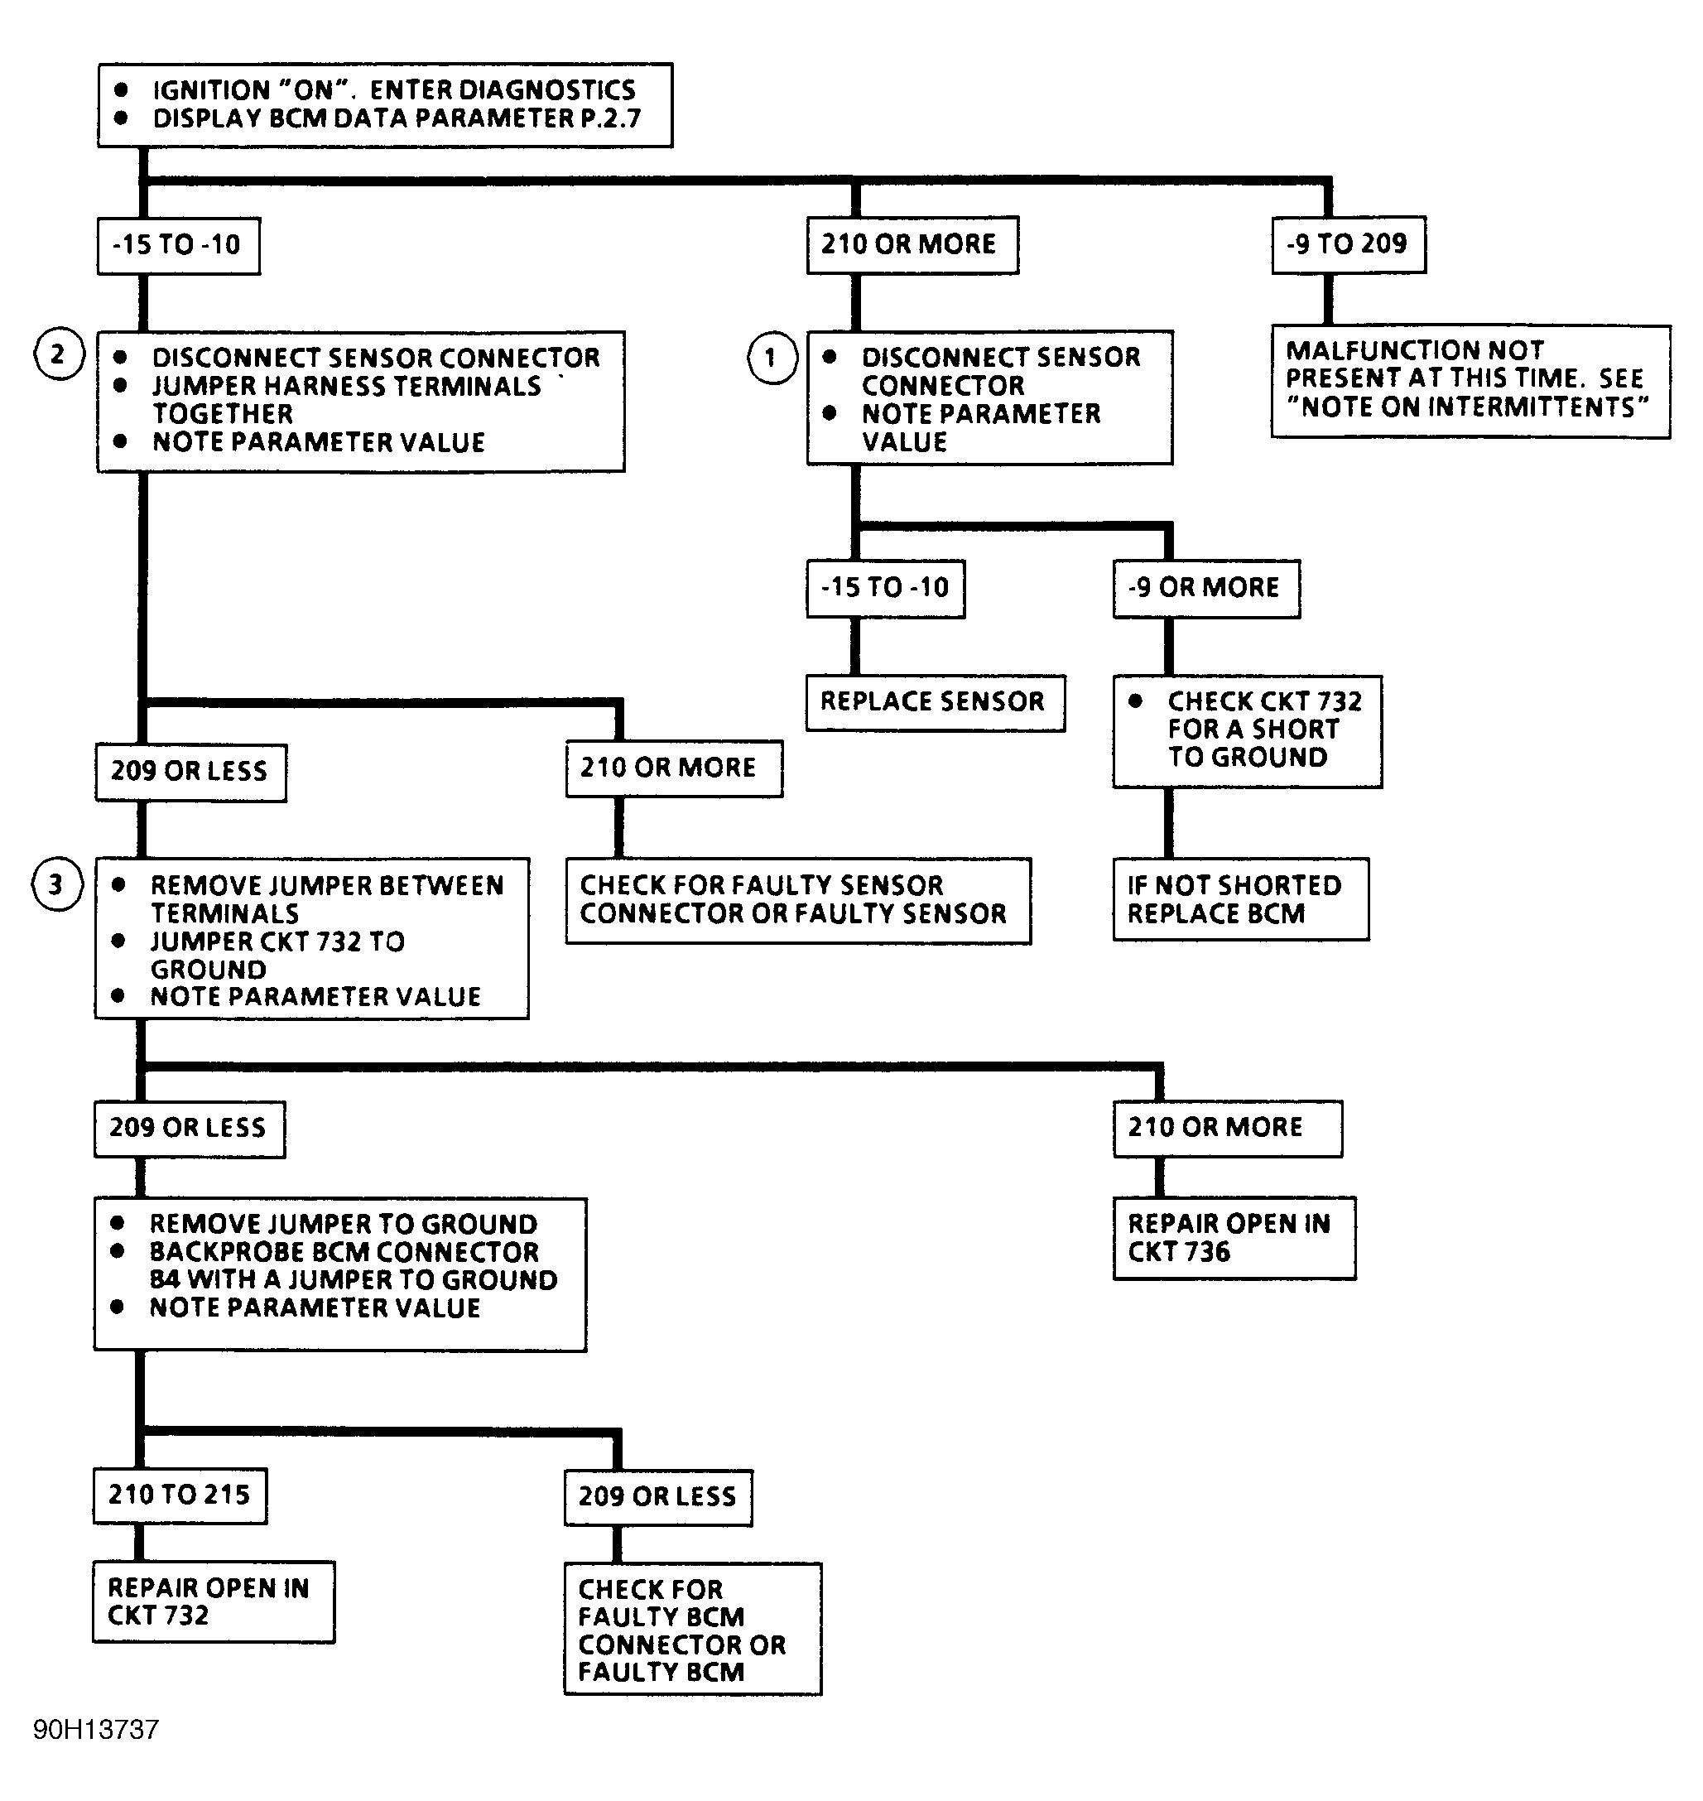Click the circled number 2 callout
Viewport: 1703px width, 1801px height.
(59, 354)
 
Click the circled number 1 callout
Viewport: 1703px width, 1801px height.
(772, 358)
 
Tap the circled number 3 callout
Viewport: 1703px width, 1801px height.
(57, 884)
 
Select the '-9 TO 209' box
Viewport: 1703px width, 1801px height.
(1348, 244)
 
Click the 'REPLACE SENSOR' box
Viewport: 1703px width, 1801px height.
(935, 703)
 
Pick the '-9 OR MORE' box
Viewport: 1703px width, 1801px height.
(1206, 588)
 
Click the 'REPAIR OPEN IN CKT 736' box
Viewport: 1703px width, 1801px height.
(1234, 1238)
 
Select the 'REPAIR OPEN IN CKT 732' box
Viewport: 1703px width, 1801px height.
(214, 1601)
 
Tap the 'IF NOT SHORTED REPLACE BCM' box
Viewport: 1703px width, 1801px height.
(1241, 898)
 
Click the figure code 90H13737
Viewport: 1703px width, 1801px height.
(96, 1729)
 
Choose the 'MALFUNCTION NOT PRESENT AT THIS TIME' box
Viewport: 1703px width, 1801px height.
(1470, 381)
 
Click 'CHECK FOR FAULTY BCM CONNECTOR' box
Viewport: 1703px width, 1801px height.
(693, 1629)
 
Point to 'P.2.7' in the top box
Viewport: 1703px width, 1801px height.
(611, 118)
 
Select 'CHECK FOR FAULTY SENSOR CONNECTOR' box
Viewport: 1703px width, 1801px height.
(798, 901)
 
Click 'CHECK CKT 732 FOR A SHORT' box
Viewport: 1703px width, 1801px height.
(1248, 730)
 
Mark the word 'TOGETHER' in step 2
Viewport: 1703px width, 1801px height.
(223, 414)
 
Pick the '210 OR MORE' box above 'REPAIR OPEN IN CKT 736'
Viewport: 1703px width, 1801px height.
(1227, 1129)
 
